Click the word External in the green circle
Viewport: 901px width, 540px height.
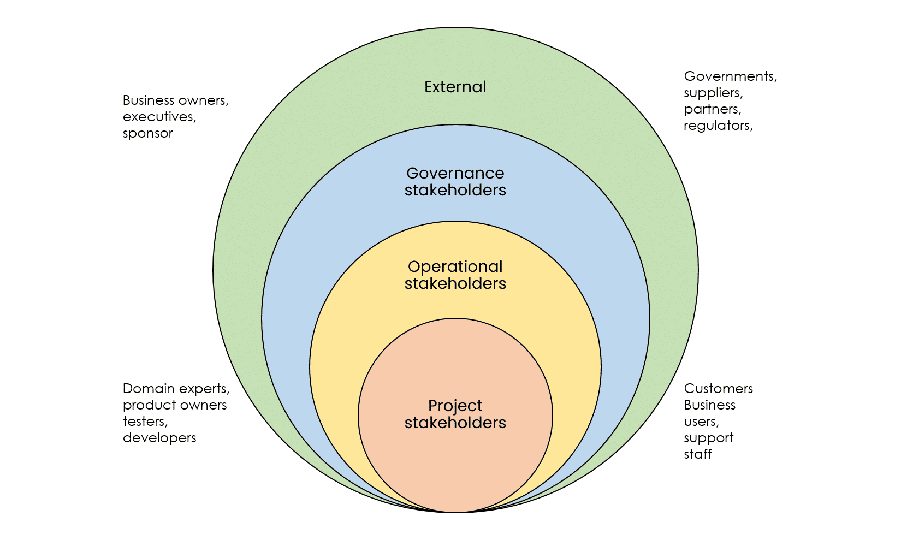click(x=455, y=87)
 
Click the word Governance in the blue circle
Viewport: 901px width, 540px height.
click(x=455, y=173)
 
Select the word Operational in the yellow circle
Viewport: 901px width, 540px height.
click(x=455, y=266)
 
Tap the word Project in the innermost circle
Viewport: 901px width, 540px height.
click(x=455, y=406)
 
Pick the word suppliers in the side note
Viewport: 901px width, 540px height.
click(x=713, y=93)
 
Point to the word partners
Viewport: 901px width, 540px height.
click(x=712, y=109)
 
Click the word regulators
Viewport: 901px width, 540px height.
click(x=718, y=126)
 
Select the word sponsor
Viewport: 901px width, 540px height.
click(x=147, y=133)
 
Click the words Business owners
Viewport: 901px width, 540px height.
click(x=175, y=100)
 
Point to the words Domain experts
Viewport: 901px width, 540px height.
click(x=175, y=389)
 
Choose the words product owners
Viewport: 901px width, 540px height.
click(x=174, y=405)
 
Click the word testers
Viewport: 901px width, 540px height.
click(x=145, y=422)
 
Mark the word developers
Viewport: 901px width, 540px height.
click(x=159, y=438)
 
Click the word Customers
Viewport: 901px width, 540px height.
click(x=718, y=389)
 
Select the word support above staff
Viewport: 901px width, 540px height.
click(x=708, y=438)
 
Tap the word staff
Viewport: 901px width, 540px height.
click(x=697, y=454)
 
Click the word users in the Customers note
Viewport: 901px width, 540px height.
click(x=701, y=422)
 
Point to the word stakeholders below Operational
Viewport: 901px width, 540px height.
click(x=455, y=283)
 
